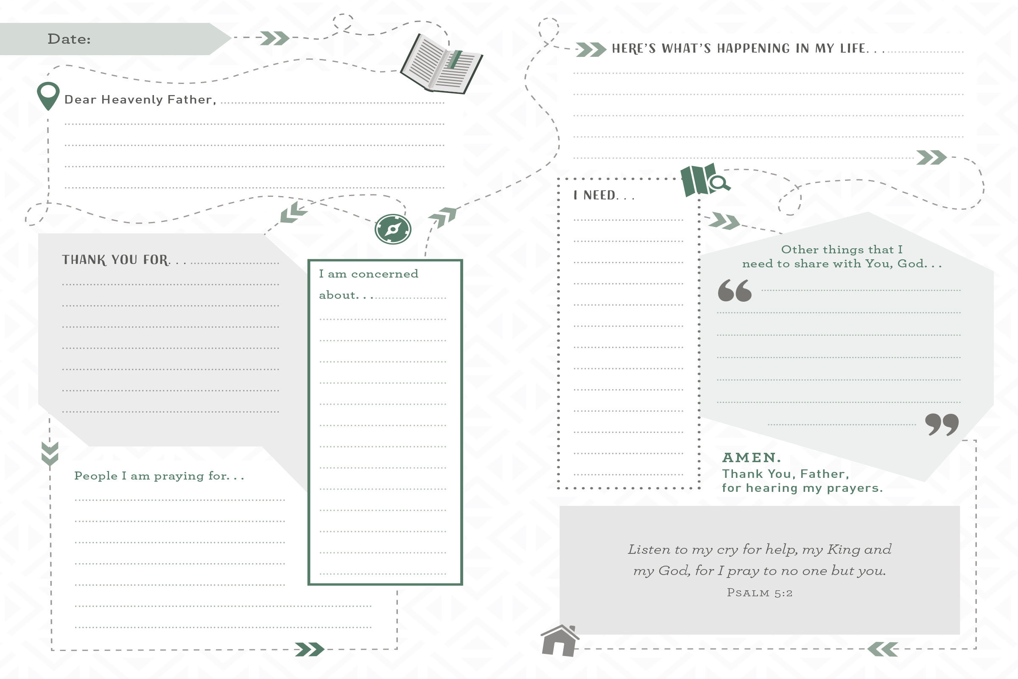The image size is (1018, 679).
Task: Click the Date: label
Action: tap(69, 39)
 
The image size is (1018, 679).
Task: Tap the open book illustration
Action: tap(442, 64)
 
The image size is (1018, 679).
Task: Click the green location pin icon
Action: tap(48, 95)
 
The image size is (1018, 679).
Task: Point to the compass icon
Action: tap(393, 229)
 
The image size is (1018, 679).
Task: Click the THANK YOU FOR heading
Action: tap(115, 260)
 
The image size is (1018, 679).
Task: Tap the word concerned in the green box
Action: tap(384, 274)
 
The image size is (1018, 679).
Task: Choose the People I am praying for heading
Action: tap(158, 476)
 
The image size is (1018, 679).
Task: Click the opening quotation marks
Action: tap(735, 290)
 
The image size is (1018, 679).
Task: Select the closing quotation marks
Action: tap(942, 424)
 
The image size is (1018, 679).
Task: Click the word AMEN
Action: tap(751, 458)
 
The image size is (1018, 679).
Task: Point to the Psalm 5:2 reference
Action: tap(760, 593)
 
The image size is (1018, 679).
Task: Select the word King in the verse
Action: tap(844, 550)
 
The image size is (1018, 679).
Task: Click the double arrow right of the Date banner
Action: tap(274, 38)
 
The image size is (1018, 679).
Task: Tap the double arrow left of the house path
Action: tap(883, 649)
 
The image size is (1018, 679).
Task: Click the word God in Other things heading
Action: tap(911, 264)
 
